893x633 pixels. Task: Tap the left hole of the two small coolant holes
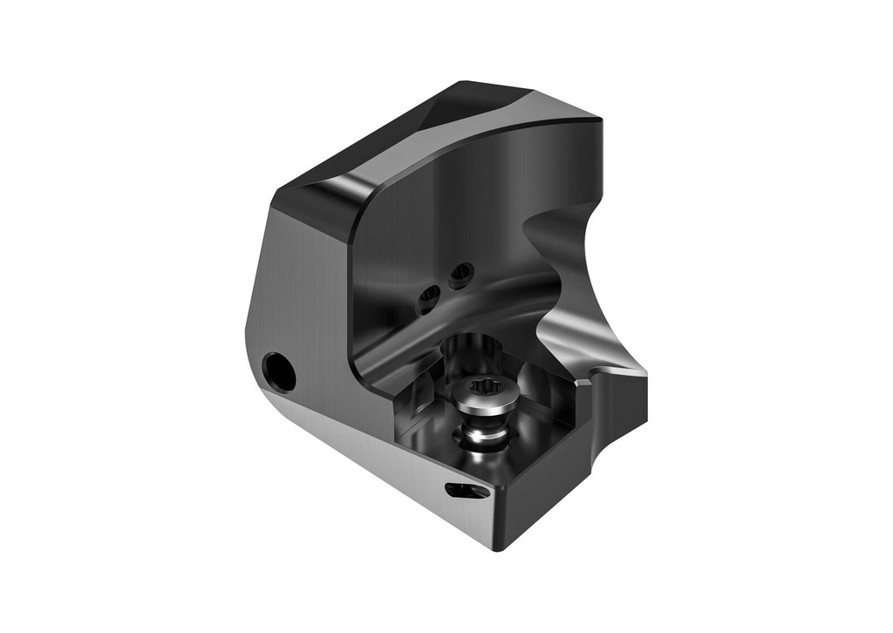pyautogui.click(x=428, y=301)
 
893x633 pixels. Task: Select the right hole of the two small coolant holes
pyautogui.click(x=460, y=276)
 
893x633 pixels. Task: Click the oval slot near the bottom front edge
pyautogui.click(x=467, y=491)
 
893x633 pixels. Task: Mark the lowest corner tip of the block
pyautogui.click(x=499, y=548)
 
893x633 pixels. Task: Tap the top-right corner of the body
pyautogui.click(x=597, y=119)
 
